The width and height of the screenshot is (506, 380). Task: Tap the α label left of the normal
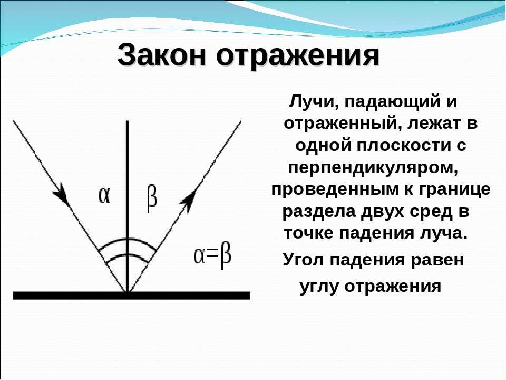pyautogui.click(x=104, y=195)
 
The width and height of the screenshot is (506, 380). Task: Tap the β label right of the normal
pyautogui.click(x=152, y=198)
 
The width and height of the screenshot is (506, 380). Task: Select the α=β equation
pyautogui.click(x=212, y=256)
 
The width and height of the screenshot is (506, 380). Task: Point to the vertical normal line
pyautogui.click(x=127, y=206)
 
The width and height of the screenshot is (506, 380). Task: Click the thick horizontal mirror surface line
pyautogui.click(x=132, y=296)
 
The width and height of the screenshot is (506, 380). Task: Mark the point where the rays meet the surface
pyautogui.click(x=127, y=292)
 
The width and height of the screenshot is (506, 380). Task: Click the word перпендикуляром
pyautogui.click(x=373, y=168)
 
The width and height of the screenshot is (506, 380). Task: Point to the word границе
pyautogui.click(x=454, y=190)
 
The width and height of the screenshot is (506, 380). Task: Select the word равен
pyautogui.click(x=437, y=260)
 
